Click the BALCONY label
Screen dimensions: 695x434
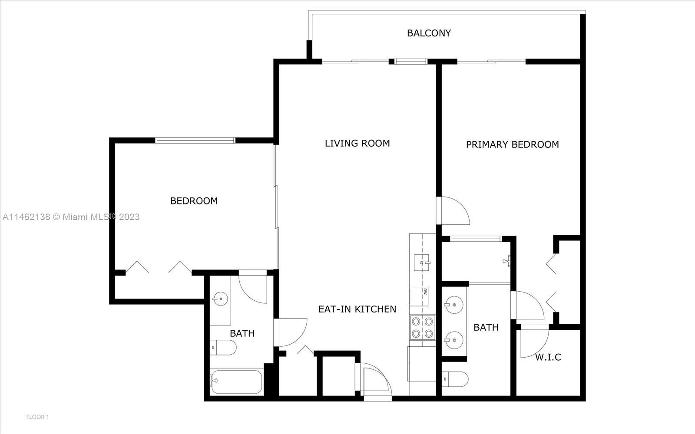(x=429, y=33)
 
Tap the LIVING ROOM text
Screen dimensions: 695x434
(x=357, y=143)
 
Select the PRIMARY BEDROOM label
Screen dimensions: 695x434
(x=512, y=145)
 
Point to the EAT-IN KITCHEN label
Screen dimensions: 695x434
(x=357, y=309)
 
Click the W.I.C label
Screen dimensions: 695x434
(x=548, y=357)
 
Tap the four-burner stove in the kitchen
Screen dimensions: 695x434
(x=422, y=327)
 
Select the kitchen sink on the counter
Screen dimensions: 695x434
(x=422, y=263)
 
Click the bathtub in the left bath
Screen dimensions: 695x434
(x=236, y=381)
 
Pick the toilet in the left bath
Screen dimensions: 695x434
(x=223, y=348)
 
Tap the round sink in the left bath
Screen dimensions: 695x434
(x=221, y=299)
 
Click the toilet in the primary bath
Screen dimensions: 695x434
(x=455, y=379)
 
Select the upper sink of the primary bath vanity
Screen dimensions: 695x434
(x=454, y=305)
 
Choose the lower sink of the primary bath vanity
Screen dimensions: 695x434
(x=454, y=340)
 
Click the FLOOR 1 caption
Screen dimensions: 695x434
(x=37, y=417)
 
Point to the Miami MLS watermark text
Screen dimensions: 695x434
(x=71, y=217)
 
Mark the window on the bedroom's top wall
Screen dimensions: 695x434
(x=195, y=141)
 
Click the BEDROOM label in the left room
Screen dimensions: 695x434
(x=194, y=201)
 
